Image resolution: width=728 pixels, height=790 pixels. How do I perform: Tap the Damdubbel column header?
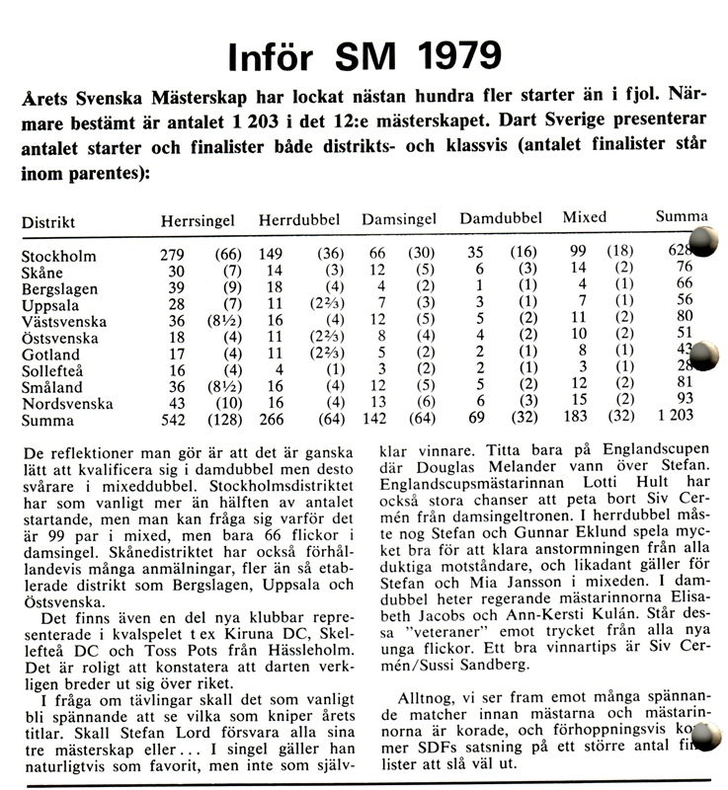coord(501,218)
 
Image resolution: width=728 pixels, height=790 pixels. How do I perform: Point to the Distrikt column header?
coord(48,222)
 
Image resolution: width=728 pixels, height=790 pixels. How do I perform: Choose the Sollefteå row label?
coord(53,370)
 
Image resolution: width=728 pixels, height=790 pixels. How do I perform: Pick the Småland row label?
coord(50,387)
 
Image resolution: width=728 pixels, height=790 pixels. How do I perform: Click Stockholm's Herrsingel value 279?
coord(172,256)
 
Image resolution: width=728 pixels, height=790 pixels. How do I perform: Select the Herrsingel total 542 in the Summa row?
coord(172,421)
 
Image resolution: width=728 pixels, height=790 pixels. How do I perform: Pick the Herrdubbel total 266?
coord(271,421)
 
